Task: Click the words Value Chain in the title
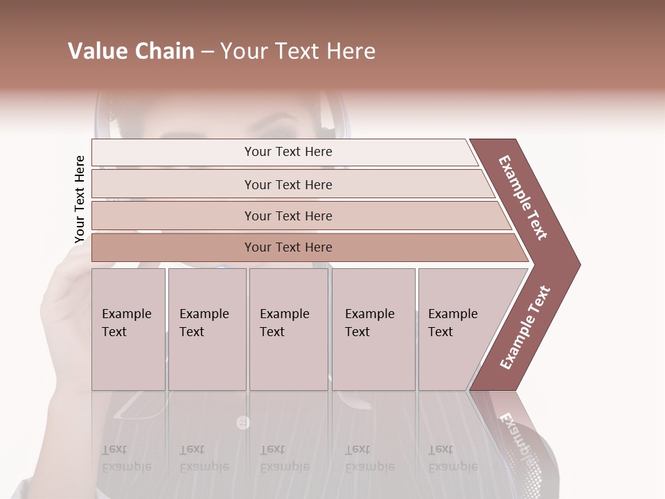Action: [x=131, y=51]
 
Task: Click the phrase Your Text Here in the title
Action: [x=298, y=51]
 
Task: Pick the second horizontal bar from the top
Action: [x=288, y=184]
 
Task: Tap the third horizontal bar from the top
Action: [x=288, y=216]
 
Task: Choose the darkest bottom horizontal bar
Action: [x=288, y=247]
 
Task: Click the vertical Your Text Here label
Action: [x=80, y=200]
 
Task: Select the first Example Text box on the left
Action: [x=128, y=329]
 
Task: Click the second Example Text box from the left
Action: [x=206, y=329]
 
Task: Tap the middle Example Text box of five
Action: [x=288, y=329]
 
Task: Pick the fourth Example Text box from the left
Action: [x=373, y=329]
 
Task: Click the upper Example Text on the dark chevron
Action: [x=523, y=198]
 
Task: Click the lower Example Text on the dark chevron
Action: [x=525, y=327]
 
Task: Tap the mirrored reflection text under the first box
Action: [x=127, y=458]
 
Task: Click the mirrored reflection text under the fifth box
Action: [x=452, y=458]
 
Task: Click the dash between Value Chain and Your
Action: [x=207, y=52]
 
